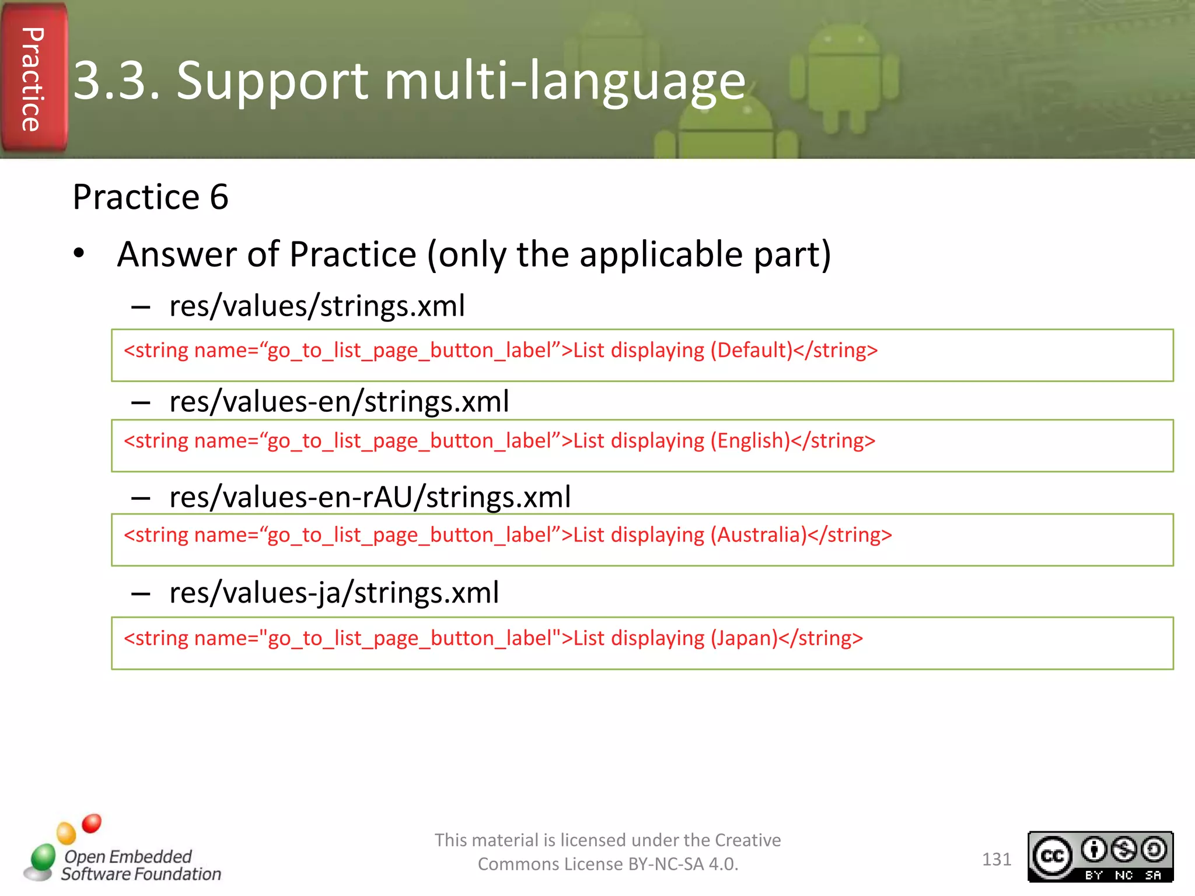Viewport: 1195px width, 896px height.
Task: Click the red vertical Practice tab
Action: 33,79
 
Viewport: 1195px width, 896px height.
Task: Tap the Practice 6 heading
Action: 150,197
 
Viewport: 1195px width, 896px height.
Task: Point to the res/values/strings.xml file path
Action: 317,306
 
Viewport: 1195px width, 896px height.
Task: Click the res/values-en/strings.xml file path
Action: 339,402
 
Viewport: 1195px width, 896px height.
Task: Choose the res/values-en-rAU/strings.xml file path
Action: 370,498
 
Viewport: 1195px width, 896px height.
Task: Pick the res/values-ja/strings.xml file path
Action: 334,593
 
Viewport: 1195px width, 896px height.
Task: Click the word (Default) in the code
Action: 751,351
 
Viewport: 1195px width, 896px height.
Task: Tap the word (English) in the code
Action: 750,441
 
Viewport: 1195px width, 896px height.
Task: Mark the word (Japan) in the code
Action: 744,638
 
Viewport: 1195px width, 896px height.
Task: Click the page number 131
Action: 996,859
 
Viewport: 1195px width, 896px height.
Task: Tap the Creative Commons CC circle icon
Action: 1052,856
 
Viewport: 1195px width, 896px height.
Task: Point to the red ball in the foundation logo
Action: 92,823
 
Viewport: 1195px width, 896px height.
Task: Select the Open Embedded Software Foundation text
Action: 141,865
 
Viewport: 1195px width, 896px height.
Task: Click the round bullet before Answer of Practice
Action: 79,254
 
